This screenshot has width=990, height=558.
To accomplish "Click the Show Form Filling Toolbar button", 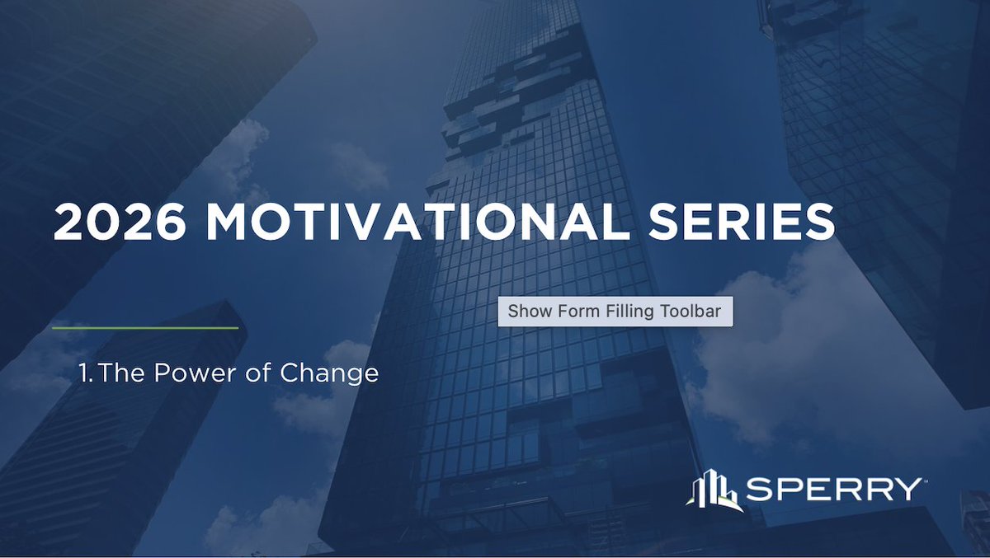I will coord(615,312).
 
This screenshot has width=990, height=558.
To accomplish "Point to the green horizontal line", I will coord(145,328).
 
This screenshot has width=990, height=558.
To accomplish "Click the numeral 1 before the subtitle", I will coord(84,373).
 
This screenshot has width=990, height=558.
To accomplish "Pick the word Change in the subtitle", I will coord(329,373).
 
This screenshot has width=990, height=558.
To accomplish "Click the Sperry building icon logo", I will coord(711,490).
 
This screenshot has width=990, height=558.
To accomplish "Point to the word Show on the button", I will coord(526,312).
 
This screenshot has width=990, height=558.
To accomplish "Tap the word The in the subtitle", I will coord(121,373).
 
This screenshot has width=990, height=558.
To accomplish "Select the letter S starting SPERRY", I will coord(758,490).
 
